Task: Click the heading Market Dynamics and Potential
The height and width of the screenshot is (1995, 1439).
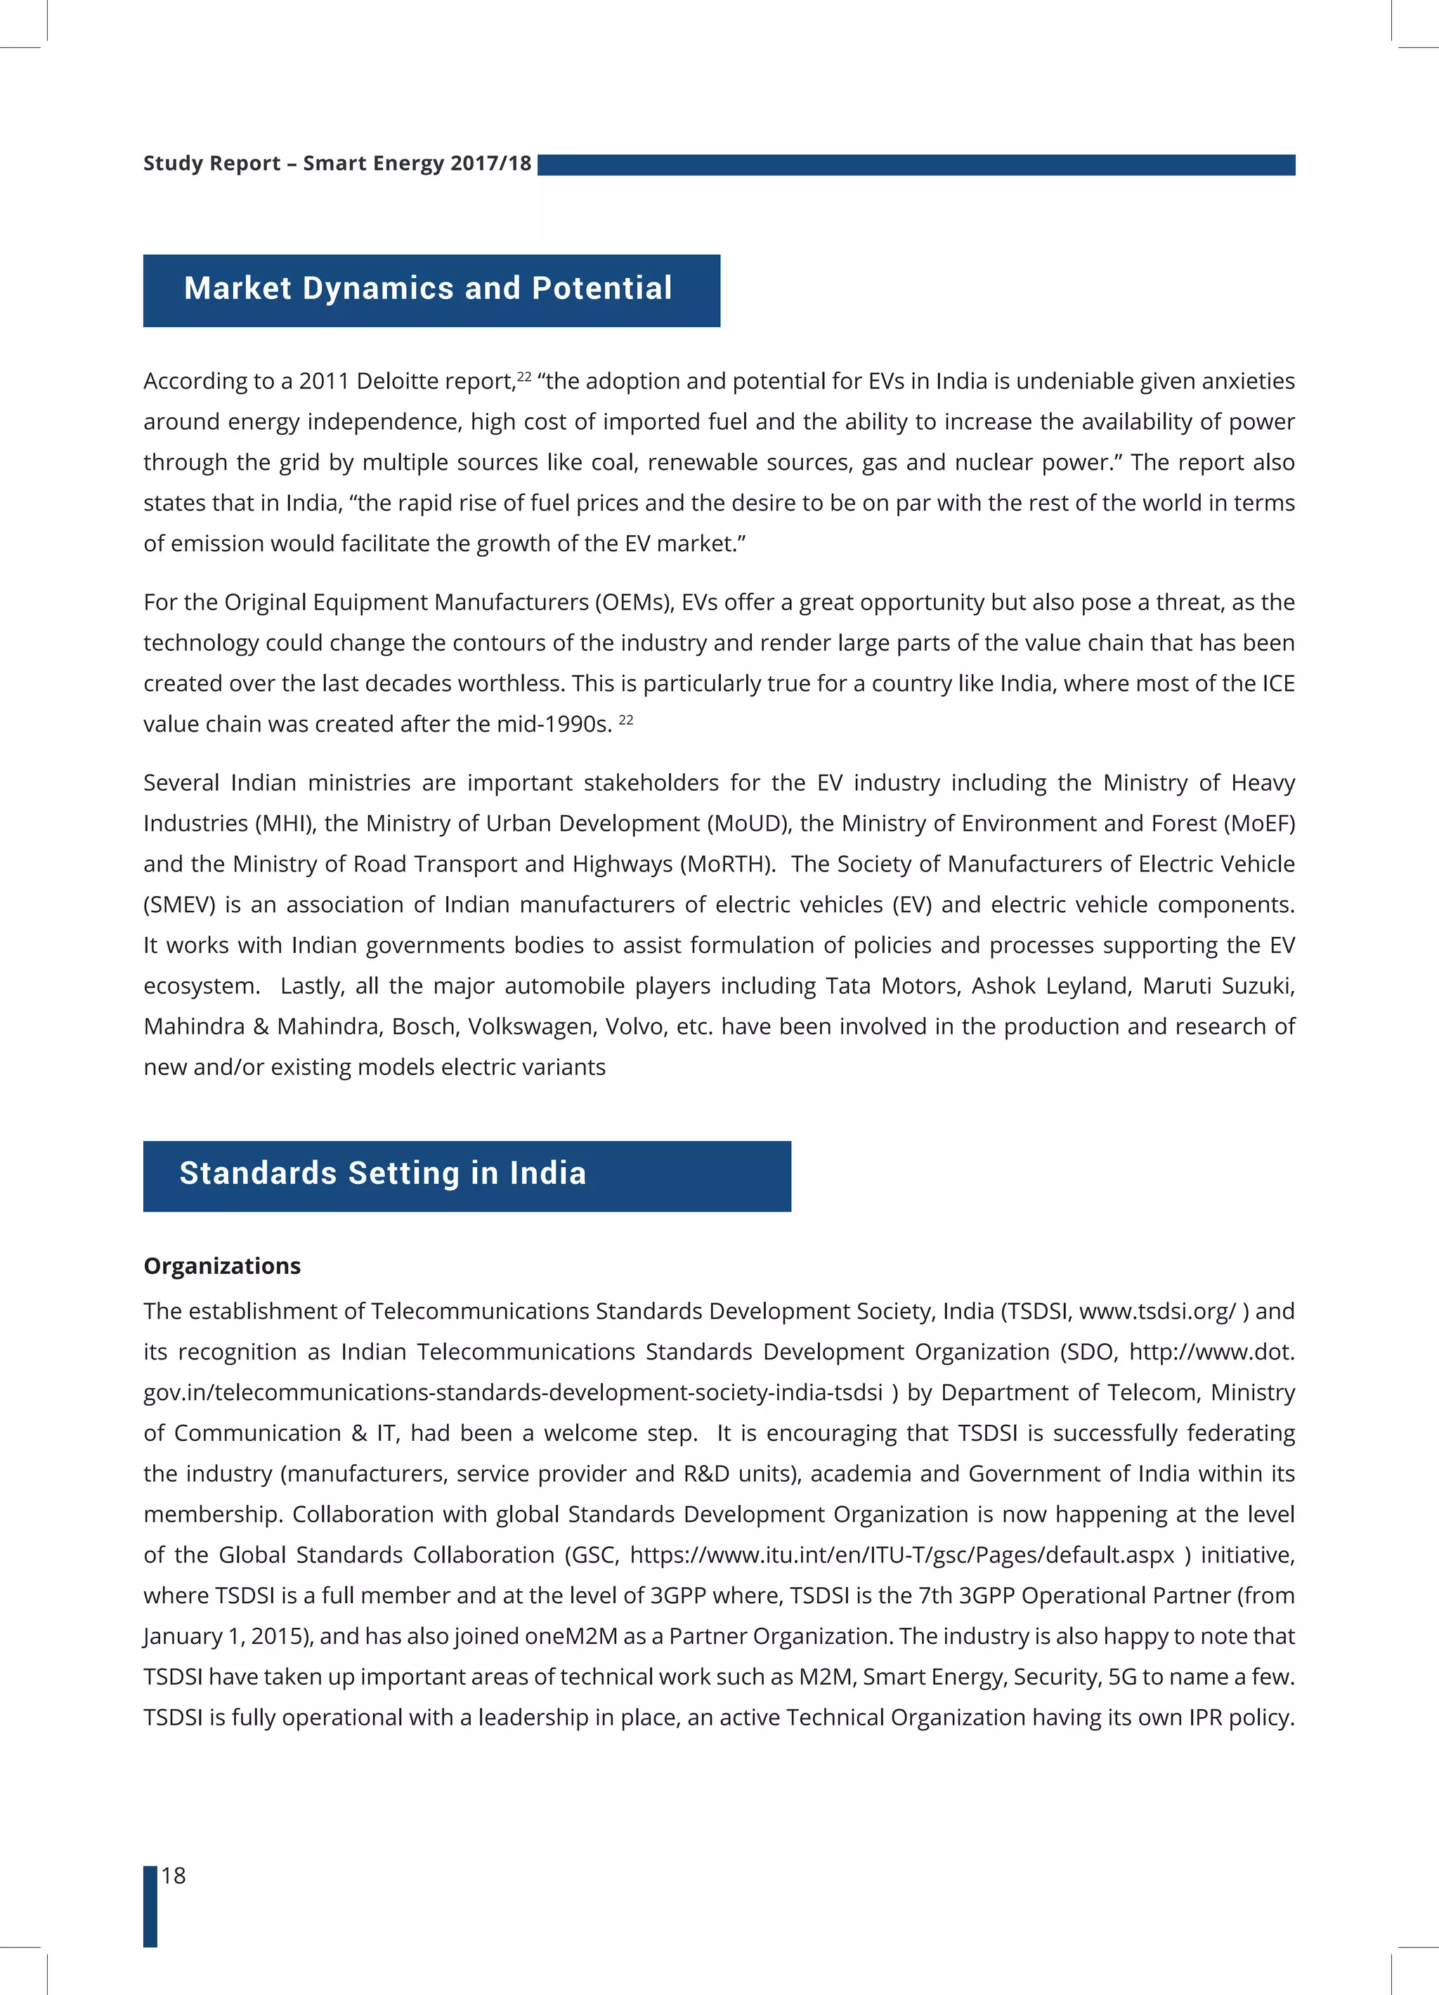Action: click(x=429, y=289)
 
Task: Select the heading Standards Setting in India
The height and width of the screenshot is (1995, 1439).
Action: click(x=383, y=1173)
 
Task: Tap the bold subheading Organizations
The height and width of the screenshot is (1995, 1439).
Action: click(x=222, y=1266)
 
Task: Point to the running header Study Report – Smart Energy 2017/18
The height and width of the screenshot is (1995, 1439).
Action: click(x=337, y=164)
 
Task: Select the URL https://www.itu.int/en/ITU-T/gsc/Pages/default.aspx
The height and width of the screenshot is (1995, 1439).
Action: click(x=901, y=1555)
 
